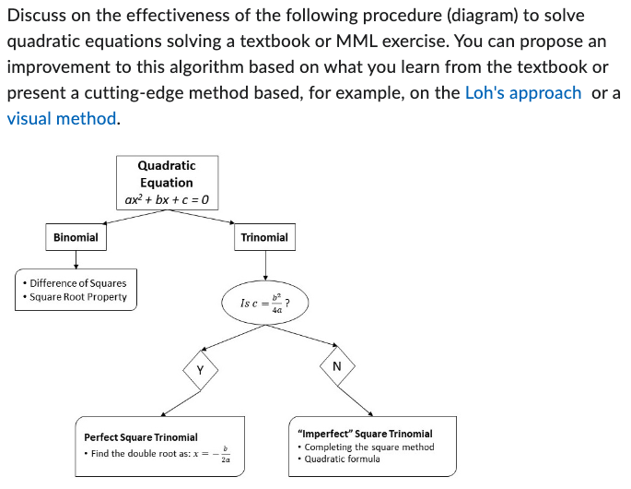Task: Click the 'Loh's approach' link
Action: coord(523,92)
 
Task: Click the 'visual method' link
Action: coord(62,118)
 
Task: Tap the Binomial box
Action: coord(76,237)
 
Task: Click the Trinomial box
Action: coord(264,237)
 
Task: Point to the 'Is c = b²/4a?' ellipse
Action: coord(264,304)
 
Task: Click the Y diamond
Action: coord(200,369)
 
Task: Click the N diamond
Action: coord(336,366)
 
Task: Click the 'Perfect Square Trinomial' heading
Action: coord(141,437)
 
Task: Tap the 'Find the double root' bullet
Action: coord(157,454)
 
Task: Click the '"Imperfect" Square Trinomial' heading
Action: coord(365,434)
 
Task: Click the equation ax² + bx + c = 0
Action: coord(167,199)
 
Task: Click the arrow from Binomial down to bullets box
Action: coord(76,259)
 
